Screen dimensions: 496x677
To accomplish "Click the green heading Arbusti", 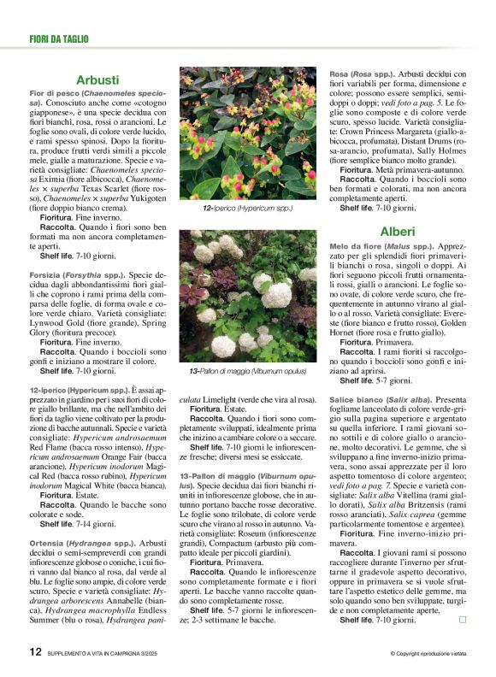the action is [97, 79].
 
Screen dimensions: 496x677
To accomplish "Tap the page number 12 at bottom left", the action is [35, 652].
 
